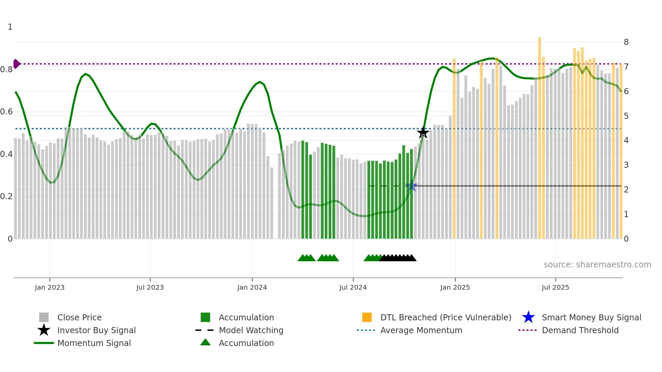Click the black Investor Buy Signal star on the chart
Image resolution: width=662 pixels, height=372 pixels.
[423, 133]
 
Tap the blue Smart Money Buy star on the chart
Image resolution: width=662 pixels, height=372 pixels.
[411, 186]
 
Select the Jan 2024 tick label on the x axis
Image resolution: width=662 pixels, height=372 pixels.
[252, 287]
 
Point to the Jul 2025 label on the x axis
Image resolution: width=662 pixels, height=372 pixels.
[555, 287]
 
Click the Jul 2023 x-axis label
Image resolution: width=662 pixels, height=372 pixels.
[150, 287]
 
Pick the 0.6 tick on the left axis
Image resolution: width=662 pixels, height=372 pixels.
[7, 112]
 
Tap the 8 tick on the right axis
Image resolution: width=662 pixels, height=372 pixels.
[626, 42]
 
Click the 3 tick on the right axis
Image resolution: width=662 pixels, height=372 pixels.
[626, 165]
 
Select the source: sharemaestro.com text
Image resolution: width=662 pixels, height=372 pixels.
[597, 265]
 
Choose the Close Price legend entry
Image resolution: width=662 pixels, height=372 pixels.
[79, 317]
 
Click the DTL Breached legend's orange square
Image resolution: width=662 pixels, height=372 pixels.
[367, 317]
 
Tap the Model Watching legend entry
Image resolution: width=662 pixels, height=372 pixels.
[251, 330]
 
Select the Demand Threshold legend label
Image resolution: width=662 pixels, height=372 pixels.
[580, 330]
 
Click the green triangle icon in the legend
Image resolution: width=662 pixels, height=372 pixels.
[205, 342]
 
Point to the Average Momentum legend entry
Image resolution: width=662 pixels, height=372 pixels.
[421, 330]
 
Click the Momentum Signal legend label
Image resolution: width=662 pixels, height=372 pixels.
[94, 343]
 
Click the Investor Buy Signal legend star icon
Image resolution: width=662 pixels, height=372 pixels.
[44, 330]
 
